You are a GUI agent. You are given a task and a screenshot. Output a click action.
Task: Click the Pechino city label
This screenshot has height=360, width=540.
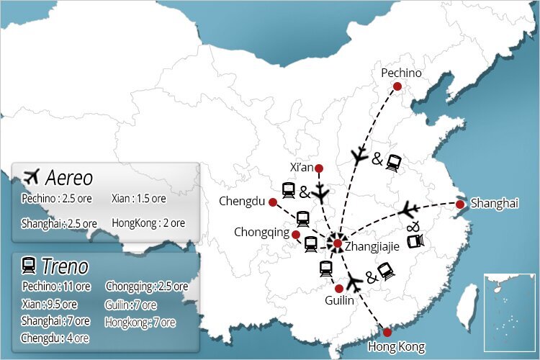pos(401,73)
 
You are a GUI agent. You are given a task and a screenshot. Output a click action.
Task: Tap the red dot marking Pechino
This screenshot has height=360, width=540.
pos(397,86)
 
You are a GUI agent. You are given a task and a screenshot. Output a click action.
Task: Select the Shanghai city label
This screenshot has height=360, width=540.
pos(494,204)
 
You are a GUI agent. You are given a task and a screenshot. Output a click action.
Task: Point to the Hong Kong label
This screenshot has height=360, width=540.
pos(396,347)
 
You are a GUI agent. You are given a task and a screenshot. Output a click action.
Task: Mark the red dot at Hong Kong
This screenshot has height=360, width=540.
pos(387,332)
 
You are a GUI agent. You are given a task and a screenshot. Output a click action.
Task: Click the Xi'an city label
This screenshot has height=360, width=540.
pos(302,167)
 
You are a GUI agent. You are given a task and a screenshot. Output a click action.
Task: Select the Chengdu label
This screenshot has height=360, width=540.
pos(242,201)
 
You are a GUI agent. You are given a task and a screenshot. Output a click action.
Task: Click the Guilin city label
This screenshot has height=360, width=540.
pos(339,300)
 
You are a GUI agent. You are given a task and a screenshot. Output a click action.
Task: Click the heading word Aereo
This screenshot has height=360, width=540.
pos(69,177)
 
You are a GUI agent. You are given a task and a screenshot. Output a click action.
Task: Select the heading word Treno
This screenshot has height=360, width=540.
pos(65,266)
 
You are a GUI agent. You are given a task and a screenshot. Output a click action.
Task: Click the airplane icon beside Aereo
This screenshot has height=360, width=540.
pos(31,176)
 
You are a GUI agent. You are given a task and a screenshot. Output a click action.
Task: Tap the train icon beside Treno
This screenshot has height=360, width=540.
pos(30,266)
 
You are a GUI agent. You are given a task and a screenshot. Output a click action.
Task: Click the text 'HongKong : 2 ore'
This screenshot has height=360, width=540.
pos(148,223)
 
